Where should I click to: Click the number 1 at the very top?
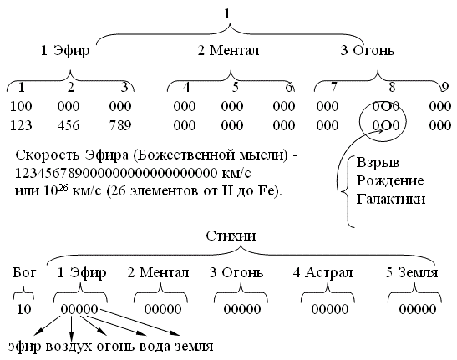point(227,14)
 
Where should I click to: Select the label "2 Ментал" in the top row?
point(228,50)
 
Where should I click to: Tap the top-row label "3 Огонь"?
point(368,50)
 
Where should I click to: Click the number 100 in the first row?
point(21,106)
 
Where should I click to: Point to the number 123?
point(21,125)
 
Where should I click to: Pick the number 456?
point(69,125)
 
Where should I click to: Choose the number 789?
point(120,125)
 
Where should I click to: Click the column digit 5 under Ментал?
point(236,87)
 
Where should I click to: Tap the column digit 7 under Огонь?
point(333,87)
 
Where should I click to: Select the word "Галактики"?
point(391,200)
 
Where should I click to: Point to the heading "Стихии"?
point(231,236)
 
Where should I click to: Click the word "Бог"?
point(24,273)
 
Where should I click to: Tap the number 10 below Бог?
point(24,309)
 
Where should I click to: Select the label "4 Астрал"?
point(323,273)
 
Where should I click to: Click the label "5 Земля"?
point(412,273)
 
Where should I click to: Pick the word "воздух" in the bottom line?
point(69,347)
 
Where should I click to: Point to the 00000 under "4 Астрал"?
point(330,309)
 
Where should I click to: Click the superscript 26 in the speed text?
point(63,188)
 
